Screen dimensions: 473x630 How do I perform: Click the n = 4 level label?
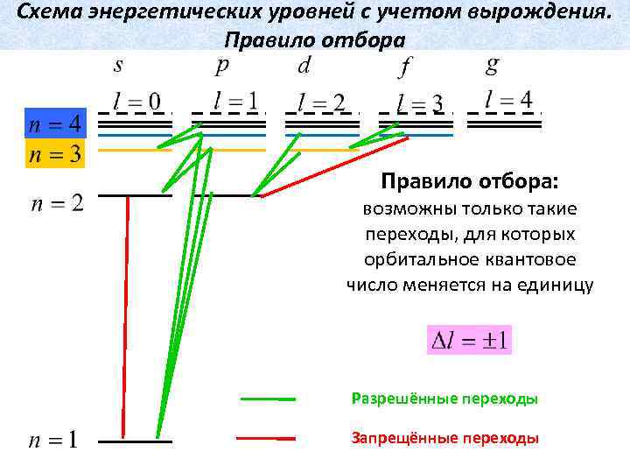(x=55, y=124)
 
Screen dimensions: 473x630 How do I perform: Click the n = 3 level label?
(x=55, y=154)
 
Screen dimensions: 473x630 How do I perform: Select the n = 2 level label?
(x=58, y=204)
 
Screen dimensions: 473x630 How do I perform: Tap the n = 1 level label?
(x=53, y=440)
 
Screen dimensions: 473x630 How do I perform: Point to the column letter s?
(x=118, y=66)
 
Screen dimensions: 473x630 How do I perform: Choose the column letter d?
(x=304, y=66)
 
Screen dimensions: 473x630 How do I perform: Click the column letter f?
(x=406, y=67)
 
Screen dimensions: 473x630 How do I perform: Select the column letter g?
(x=493, y=66)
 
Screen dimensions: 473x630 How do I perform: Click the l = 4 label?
(x=508, y=99)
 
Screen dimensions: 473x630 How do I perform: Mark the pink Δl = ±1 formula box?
(x=469, y=339)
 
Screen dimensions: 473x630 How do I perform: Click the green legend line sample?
(x=268, y=399)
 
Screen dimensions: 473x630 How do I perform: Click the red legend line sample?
(x=268, y=438)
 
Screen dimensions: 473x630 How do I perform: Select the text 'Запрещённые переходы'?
(x=444, y=438)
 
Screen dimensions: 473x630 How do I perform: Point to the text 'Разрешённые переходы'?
(x=444, y=399)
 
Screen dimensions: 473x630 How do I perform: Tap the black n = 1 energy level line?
(x=136, y=441)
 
